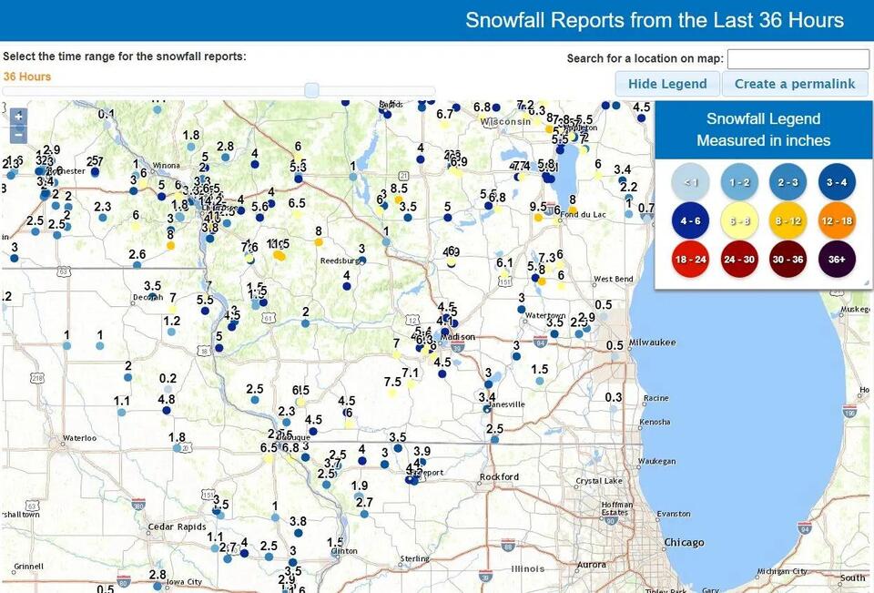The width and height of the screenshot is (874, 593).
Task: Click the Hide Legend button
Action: pyautogui.click(x=667, y=84)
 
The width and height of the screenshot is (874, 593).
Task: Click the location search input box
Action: pyautogui.click(x=798, y=58)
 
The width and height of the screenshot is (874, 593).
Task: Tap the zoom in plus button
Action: pyautogui.click(x=18, y=117)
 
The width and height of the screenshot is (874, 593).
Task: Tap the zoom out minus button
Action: pyautogui.click(x=18, y=135)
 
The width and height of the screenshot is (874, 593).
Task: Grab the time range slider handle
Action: pyautogui.click(x=311, y=89)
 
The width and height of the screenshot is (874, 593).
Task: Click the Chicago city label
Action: pyautogui.click(x=684, y=543)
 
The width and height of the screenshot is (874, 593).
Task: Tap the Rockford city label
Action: pyautogui.click(x=499, y=476)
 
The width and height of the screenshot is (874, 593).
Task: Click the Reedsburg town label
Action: pyautogui.click(x=341, y=261)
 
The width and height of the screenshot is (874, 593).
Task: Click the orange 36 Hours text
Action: pyautogui.click(x=27, y=77)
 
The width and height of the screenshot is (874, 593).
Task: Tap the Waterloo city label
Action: pyautogui.click(x=79, y=438)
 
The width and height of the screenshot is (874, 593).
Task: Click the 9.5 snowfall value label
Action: pyautogui.click(x=538, y=207)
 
